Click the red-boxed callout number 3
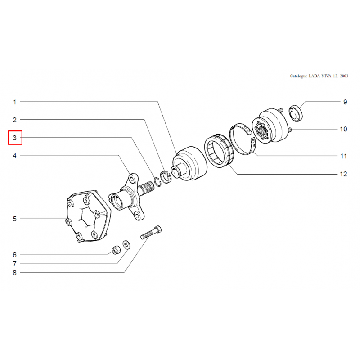[15, 138]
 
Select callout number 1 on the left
[15, 102]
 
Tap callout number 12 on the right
[343, 174]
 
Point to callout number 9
[345, 102]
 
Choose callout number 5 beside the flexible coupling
[15, 219]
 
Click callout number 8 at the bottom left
[15, 273]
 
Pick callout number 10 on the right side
[343, 129]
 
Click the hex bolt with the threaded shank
[151, 232]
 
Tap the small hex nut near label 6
[116, 250]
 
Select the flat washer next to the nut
[126, 244]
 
